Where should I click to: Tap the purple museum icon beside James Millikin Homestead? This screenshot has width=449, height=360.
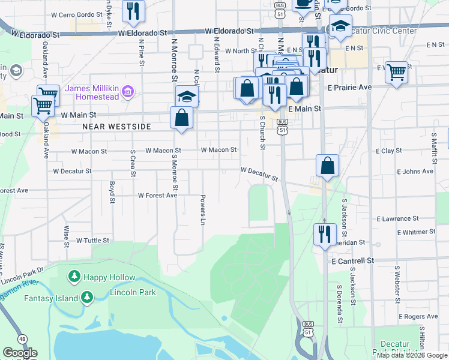[x=127, y=92]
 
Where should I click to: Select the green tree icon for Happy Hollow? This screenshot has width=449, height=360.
[x=74, y=277]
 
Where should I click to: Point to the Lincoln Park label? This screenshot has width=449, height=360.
[x=133, y=293]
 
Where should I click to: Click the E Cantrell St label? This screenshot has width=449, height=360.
[x=352, y=261]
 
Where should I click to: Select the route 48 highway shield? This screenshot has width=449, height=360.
[x=22, y=339]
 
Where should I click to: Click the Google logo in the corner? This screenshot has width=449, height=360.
[x=20, y=353]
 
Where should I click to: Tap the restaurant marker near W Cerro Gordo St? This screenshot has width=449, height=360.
[x=133, y=10]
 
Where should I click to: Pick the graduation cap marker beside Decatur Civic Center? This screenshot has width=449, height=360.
[x=340, y=27]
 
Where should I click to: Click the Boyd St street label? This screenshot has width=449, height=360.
[x=112, y=192]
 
